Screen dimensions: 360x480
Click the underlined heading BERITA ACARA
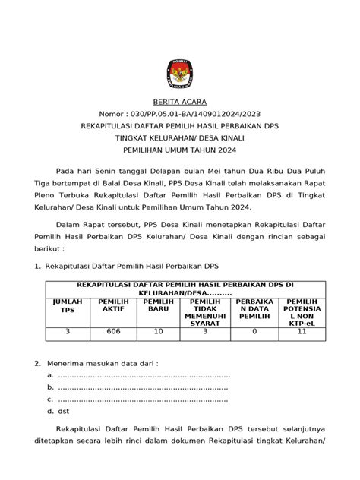click(x=179, y=102)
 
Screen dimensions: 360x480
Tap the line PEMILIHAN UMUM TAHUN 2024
click(x=180, y=151)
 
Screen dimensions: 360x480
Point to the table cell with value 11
click(x=302, y=332)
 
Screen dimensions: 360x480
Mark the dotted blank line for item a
click(x=144, y=375)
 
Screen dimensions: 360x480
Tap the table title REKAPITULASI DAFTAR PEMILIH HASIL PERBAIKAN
click(x=181, y=285)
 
